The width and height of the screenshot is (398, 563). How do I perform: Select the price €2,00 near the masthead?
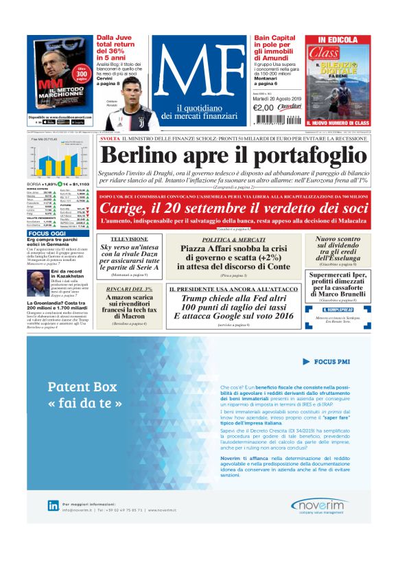[x=264, y=107]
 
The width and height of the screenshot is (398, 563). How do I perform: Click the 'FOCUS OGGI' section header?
[x=47, y=233]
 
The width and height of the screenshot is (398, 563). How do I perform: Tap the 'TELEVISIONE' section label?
[x=130, y=239]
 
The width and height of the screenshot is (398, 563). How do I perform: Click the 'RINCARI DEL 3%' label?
[x=130, y=289]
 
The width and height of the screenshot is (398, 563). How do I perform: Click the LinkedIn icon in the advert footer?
[x=53, y=505]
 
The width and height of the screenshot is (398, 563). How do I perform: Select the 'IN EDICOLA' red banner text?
[x=337, y=40]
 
